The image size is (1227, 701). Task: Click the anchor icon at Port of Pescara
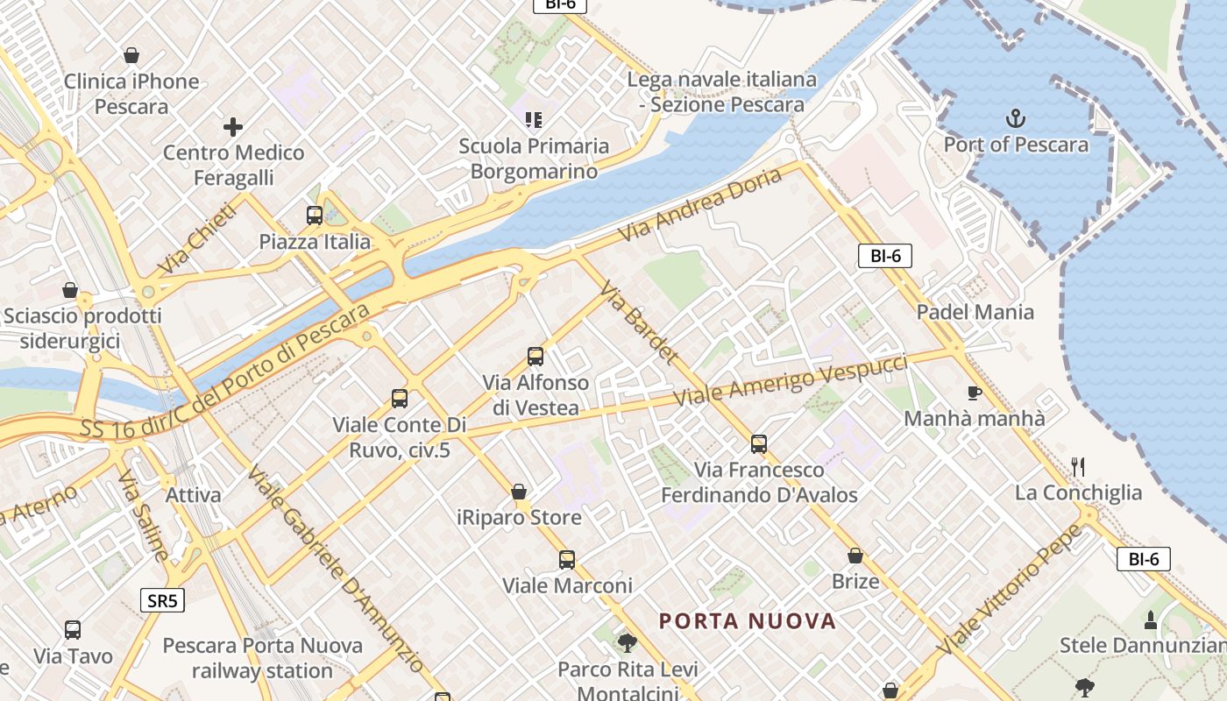1016,117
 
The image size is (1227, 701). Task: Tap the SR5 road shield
162,600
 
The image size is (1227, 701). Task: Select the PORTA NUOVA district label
748,621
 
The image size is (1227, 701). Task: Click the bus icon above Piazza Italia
314,215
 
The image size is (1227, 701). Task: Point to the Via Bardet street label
639,322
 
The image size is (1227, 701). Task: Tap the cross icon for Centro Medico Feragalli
233,127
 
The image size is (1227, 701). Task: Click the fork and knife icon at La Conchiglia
1078,466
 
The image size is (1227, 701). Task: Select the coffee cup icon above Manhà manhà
974,392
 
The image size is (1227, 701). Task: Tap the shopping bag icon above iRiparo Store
520,491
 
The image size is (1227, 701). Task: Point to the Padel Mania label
975,312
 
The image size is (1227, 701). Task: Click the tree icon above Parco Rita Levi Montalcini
627,643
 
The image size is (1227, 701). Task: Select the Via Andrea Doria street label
700,205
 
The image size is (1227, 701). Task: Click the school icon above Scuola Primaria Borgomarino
534,118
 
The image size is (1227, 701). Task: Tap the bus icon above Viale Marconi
567,559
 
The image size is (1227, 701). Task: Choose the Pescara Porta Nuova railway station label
263,658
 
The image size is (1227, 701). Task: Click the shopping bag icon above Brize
855,556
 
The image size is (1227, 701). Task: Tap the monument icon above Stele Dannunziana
1151,620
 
